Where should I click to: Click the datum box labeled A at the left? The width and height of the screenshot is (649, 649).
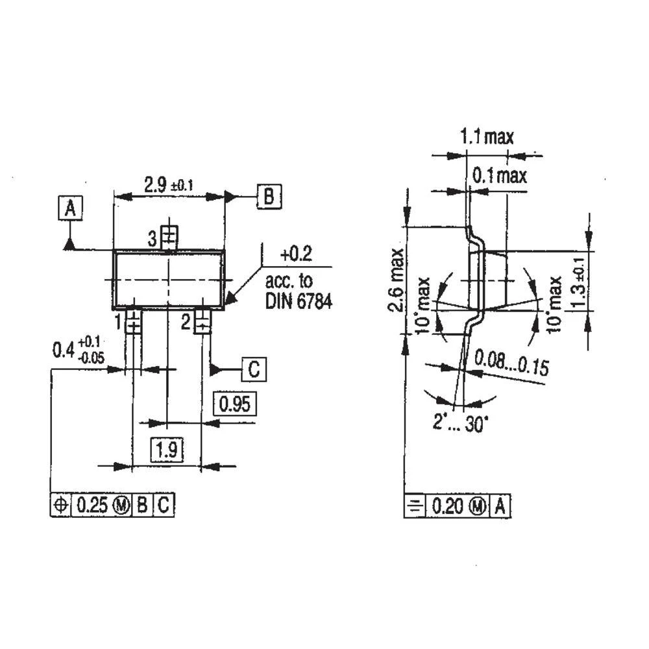[71, 209]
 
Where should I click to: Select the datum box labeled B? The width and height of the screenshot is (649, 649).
[269, 196]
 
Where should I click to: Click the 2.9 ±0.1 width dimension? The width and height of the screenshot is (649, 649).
[168, 185]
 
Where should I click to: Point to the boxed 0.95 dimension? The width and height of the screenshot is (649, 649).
[234, 404]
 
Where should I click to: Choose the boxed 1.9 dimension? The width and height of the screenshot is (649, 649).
[167, 450]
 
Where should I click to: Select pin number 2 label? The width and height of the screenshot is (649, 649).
[185, 321]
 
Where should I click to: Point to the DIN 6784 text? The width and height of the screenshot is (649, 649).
[299, 302]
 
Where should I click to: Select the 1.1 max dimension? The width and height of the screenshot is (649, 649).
[487, 137]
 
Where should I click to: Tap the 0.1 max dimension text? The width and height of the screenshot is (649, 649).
[499, 175]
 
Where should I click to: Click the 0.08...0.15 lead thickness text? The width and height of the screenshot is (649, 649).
[511, 363]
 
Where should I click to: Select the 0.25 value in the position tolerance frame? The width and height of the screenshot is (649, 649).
[90, 505]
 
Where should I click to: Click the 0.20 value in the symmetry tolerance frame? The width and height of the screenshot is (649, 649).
[447, 506]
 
